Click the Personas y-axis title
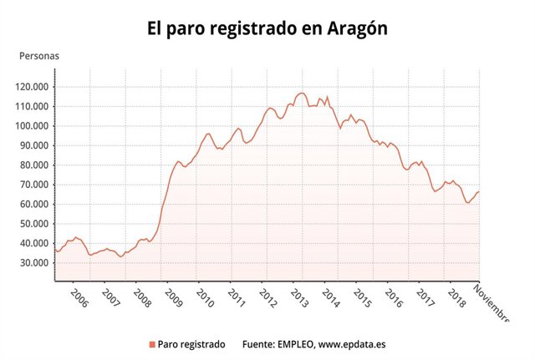tap(39, 57)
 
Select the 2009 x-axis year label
tap(174, 298)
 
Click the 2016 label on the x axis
tap(393, 298)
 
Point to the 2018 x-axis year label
tap(456, 298)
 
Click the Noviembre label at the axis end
tap(492, 302)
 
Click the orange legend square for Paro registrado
tap(151, 344)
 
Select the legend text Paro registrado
tap(191, 344)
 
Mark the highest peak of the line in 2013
tap(302, 93)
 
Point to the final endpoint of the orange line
tap(479, 192)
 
